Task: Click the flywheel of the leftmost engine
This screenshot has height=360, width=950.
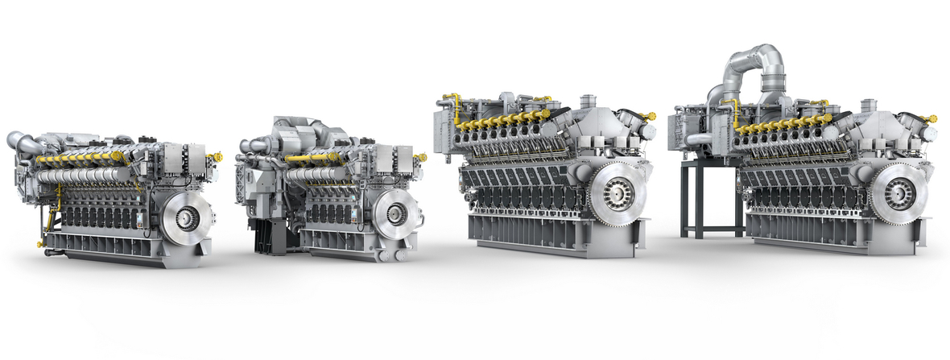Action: coord(187,215)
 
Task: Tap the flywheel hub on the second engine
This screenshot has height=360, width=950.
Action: coord(395,213)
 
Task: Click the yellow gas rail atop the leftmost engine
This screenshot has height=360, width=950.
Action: coord(81,159)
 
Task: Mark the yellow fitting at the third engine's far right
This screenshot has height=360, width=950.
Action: coord(649,117)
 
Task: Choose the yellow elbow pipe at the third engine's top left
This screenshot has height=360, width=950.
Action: coord(456,104)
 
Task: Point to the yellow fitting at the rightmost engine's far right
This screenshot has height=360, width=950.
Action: coord(931,118)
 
